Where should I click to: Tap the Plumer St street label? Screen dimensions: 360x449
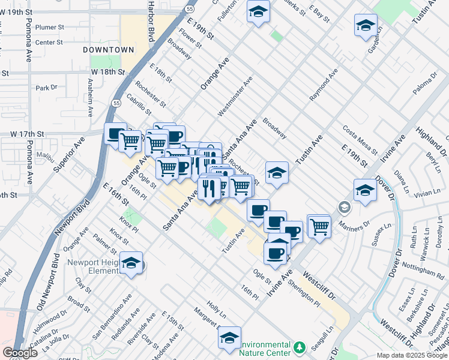[50, 28]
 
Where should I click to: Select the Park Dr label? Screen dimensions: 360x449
[46, 88]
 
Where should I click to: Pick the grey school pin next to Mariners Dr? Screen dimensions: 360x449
[345, 208]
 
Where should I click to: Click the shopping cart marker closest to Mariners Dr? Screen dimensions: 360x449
[319, 226]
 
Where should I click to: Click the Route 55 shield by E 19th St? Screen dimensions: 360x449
[190, 10]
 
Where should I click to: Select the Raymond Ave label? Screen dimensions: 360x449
[324, 88]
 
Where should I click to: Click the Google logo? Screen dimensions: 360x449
[20, 353]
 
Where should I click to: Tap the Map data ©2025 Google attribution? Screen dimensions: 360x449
[412, 355]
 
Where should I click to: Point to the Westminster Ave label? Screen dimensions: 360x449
[235, 96]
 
